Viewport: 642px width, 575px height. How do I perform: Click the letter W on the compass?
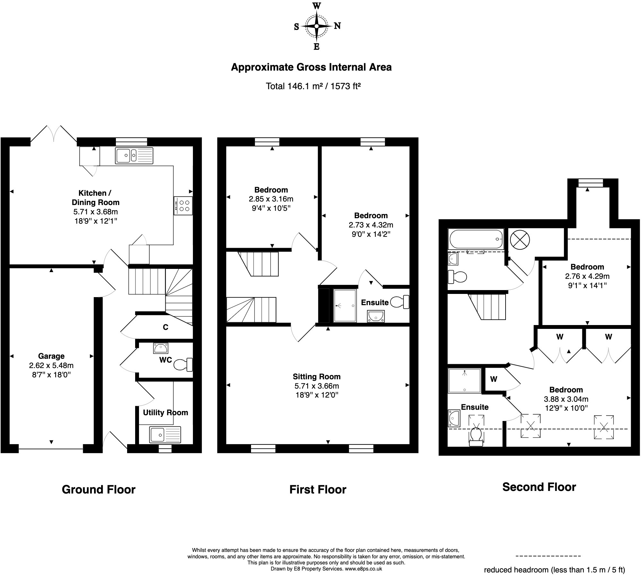[x=317, y=5]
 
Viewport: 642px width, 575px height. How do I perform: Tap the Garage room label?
[x=51, y=356]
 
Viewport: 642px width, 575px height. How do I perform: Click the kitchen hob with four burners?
[x=183, y=206]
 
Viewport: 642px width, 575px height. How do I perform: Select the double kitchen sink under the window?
[x=134, y=156]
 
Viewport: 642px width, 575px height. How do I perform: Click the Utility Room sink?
[x=165, y=434]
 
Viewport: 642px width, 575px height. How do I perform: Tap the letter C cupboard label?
[x=166, y=327]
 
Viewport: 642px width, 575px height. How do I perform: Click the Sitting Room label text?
[x=317, y=377]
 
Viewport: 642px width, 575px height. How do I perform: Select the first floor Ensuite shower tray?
[x=345, y=306]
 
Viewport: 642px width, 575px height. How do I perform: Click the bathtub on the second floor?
[x=476, y=239]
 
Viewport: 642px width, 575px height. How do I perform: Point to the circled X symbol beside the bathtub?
[x=520, y=240]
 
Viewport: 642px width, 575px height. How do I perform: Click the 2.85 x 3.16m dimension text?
[x=271, y=199]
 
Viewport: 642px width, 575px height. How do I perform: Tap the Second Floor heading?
[x=539, y=487]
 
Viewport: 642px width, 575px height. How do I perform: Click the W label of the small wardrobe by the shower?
[x=494, y=379]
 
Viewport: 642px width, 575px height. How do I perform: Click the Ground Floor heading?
[x=99, y=489]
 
